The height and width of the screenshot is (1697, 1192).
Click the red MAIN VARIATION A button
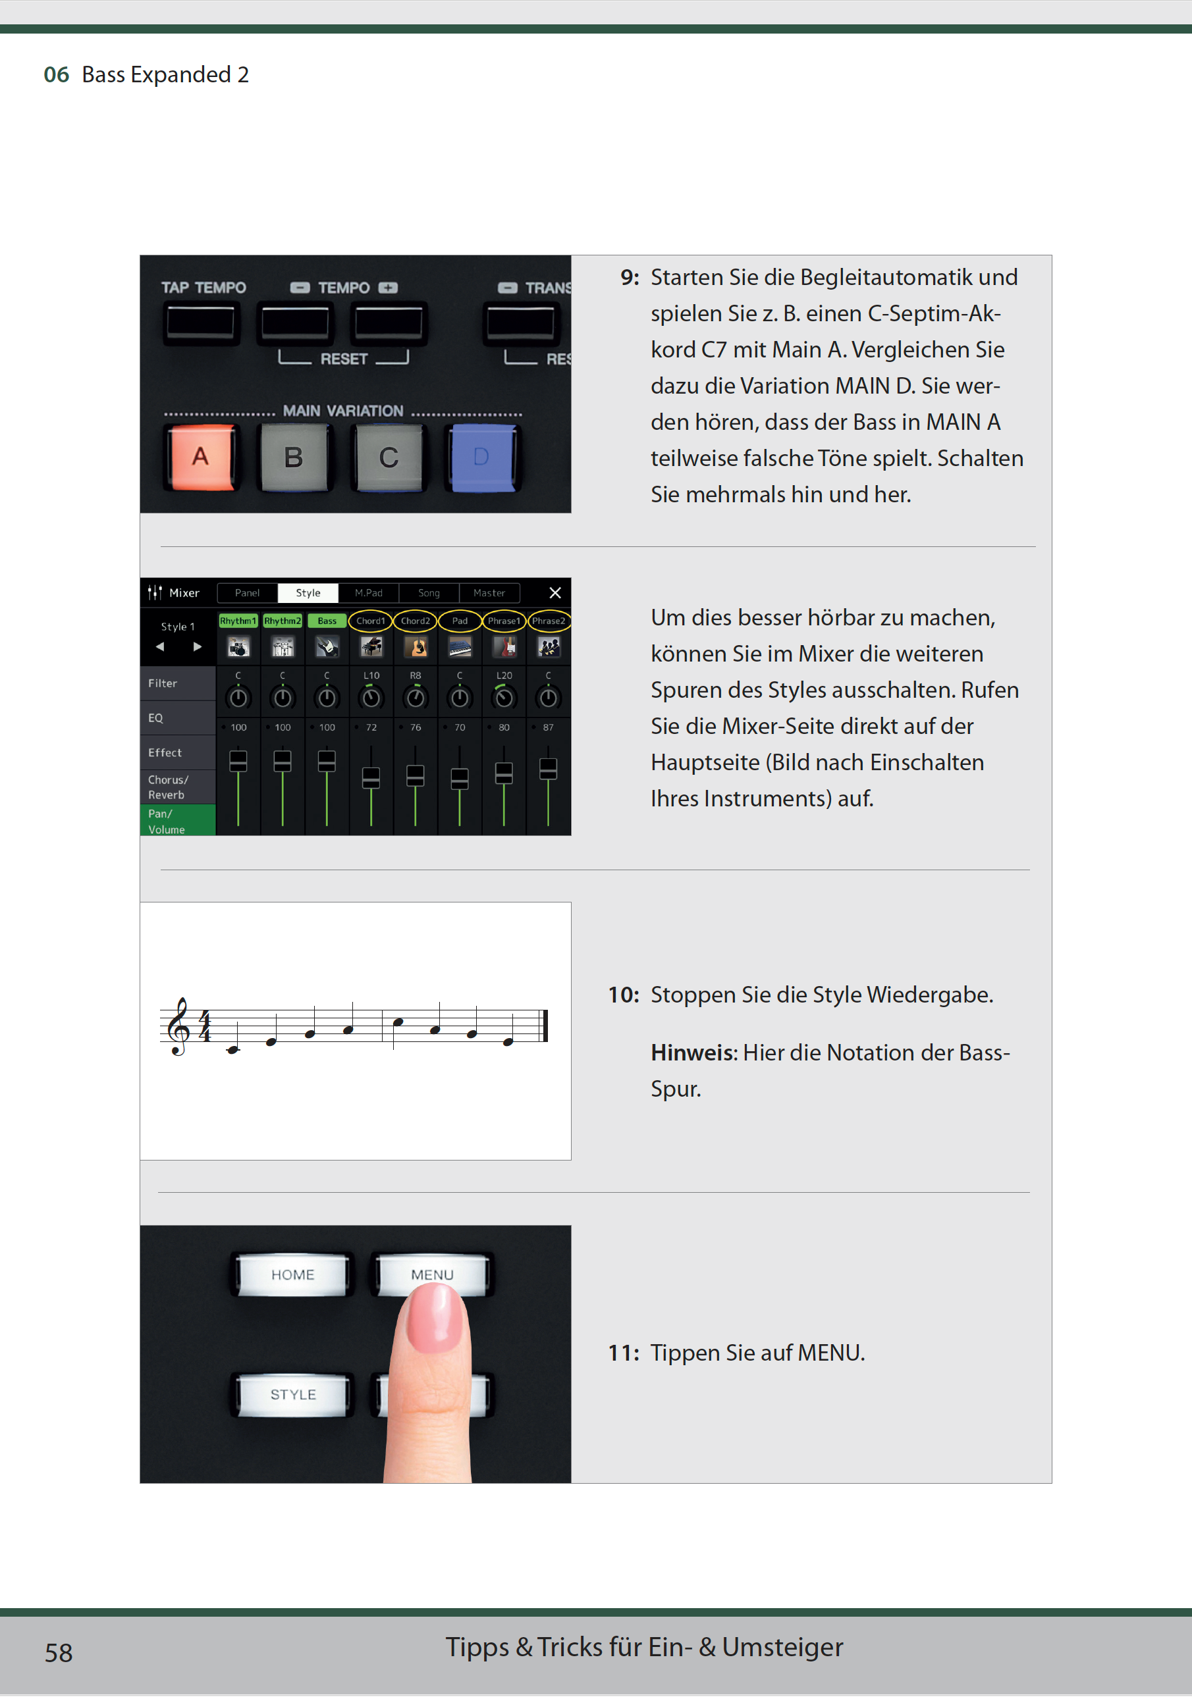(x=200, y=457)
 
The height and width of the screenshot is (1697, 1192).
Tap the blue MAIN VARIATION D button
(x=482, y=457)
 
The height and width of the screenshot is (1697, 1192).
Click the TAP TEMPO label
(x=203, y=288)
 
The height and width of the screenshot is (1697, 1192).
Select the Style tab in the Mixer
(x=308, y=593)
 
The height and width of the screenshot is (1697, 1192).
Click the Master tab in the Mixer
(x=489, y=593)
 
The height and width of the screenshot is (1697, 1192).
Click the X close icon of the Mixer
(x=555, y=593)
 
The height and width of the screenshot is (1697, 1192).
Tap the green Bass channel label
(x=327, y=621)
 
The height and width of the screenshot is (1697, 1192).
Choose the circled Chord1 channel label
(x=371, y=621)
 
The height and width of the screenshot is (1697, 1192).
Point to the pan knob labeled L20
(x=504, y=697)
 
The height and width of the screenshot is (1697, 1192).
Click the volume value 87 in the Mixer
(x=548, y=727)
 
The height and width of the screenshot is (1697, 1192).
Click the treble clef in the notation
(x=179, y=1026)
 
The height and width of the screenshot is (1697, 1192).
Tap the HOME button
(x=293, y=1274)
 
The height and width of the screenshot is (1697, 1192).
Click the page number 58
(x=59, y=1653)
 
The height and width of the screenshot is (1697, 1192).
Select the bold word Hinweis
(x=692, y=1053)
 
